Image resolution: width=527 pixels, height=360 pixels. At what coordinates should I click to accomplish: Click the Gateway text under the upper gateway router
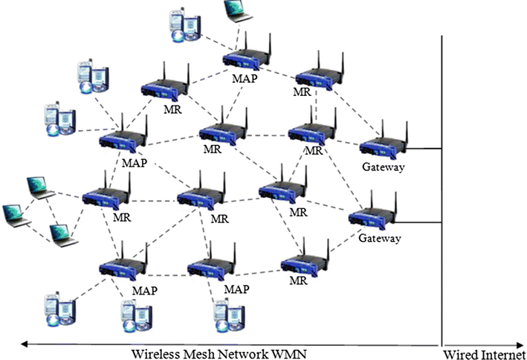(384, 167)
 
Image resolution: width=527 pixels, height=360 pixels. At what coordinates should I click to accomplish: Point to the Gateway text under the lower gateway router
(379, 239)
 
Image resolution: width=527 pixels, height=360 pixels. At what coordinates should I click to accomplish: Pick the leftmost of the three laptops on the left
(16, 214)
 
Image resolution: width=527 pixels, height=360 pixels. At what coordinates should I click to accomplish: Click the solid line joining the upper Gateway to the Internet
(424, 149)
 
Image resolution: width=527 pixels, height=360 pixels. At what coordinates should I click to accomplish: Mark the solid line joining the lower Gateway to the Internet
(418, 222)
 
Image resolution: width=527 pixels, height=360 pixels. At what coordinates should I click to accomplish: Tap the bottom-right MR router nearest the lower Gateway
(303, 263)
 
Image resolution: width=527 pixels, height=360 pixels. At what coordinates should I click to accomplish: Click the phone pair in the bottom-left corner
(58, 311)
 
